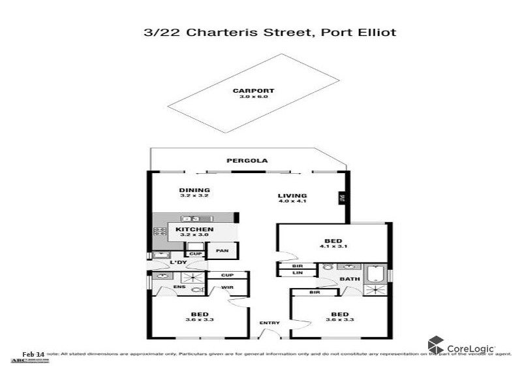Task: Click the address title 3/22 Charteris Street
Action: [269, 31]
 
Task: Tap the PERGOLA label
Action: [247, 160]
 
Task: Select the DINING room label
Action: [194, 190]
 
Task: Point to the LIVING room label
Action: [292, 195]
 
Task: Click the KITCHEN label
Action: [194, 229]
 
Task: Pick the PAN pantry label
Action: [222, 250]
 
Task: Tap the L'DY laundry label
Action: [178, 263]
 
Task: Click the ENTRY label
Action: [269, 323]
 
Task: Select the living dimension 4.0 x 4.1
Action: [292, 201]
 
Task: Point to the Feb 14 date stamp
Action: [33, 353]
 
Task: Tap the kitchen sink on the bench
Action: [191, 219]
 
